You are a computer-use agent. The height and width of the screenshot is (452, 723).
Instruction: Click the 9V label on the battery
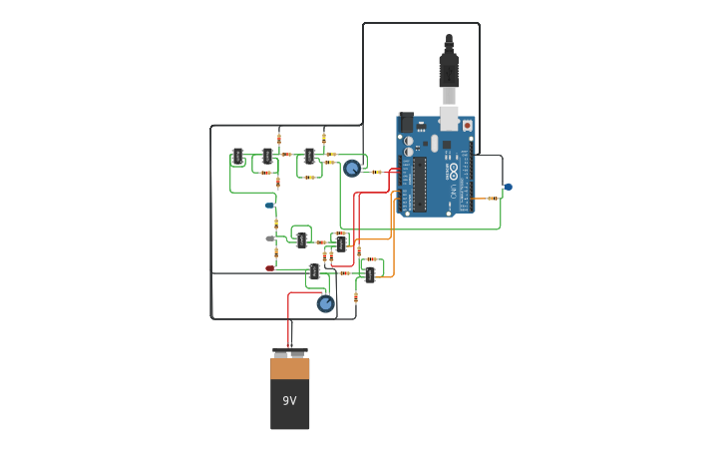[289, 401]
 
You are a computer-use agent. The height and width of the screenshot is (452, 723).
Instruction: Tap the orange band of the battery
[289, 369]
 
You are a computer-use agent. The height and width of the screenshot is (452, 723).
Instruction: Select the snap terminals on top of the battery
[289, 352]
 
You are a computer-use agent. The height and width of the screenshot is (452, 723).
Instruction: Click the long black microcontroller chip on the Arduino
[420, 184]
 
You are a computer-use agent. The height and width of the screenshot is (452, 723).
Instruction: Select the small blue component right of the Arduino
[508, 187]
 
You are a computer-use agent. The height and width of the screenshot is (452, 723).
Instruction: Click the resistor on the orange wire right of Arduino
[492, 199]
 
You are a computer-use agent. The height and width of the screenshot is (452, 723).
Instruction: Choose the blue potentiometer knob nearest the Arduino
[351, 169]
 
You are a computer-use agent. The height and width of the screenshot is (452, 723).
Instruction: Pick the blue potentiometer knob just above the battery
[325, 304]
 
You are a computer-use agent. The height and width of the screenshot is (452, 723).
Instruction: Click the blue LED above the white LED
[269, 206]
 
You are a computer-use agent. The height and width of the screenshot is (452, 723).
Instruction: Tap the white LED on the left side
[269, 238]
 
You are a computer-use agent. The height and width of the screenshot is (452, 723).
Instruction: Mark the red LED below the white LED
[269, 268]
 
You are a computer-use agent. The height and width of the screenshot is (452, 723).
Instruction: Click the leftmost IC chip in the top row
[237, 157]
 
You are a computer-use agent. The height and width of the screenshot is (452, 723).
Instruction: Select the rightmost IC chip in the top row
[309, 156]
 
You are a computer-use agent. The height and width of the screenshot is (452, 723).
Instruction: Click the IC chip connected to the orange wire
[370, 274]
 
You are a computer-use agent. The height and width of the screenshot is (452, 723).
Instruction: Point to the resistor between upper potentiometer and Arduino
[377, 172]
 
